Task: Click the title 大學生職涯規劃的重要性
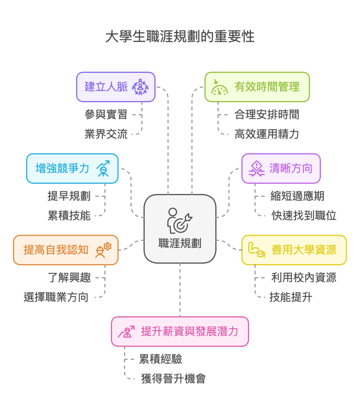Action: tap(180, 37)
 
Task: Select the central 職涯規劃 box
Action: tap(180, 228)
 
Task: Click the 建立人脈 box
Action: tap(116, 87)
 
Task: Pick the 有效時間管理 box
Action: tap(257, 87)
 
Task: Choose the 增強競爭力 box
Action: tap(72, 168)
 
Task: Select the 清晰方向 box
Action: tap(281, 168)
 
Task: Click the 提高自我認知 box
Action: tap(66, 250)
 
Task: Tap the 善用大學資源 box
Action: tap(294, 250)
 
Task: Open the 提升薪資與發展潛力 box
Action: tap(180, 332)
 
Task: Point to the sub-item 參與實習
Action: tap(106, 114)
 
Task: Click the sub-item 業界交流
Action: tap(106, 134)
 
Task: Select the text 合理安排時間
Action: tap(267, 114)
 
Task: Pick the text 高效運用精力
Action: tap(267, 134)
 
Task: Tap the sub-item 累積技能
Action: tap(69, 216)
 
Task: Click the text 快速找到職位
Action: tap(304, 216)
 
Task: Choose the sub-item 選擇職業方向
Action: tap(56, 297)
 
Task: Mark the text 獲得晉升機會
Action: tap(174, 379)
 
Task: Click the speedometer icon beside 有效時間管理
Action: tap(219, 87)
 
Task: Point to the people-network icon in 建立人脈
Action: tap(140, 87)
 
